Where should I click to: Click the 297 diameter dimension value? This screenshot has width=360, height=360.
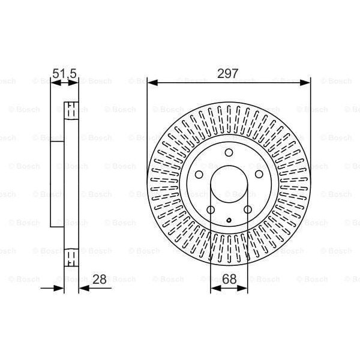click(x=229, y=74)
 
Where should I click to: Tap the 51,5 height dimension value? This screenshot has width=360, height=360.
click(x=65, y=74)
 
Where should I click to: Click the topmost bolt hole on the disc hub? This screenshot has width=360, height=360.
click(x=229, y=152)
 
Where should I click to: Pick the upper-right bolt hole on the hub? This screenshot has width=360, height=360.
click(x=259, y=174)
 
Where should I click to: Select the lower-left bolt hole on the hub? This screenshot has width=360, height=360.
click(x=210, y=209)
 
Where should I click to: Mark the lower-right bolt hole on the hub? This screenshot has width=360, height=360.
click(x=247, y=209)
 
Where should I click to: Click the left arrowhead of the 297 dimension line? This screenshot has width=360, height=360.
click(x=151, y=82)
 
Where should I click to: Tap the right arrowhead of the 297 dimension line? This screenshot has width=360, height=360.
click(x=307, y=82)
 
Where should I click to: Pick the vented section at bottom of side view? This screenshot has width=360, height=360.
click(x=71, y=257)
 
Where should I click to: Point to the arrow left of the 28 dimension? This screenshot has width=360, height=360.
click(x=57, y=288)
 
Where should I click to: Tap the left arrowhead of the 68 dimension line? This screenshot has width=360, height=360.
click(x=214, y=288)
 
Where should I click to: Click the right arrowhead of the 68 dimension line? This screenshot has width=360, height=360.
click(x=244, y=288)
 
